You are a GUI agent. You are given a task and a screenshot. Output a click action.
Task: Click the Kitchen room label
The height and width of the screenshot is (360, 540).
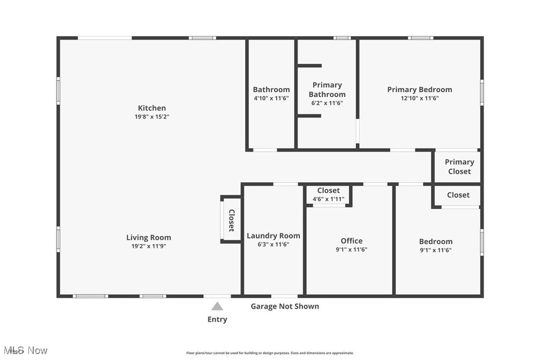(x=152, y=108)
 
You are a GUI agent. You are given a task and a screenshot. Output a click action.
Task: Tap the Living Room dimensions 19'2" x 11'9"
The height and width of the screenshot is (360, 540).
(x=148, y=246)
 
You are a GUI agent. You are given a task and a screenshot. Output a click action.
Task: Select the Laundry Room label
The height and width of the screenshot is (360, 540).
(x=273, y=236)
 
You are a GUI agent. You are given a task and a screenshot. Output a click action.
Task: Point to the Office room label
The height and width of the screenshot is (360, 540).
(x=351, y=241)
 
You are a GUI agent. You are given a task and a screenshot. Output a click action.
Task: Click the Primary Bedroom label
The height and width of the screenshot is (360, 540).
(x=419, y=90)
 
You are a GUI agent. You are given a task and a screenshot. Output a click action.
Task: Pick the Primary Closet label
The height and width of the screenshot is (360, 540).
(x=459, y=167)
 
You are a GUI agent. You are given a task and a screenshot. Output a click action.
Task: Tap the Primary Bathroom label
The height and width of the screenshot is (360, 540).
(x=327, y=90)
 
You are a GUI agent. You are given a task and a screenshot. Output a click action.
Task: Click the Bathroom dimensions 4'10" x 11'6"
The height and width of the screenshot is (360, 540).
(x=271, y=98)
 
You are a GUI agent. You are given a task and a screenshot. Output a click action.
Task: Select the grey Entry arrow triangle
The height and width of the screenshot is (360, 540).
(x=217, y=306)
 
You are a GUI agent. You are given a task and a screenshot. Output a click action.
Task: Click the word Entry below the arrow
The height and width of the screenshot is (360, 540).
(x=217, y=319)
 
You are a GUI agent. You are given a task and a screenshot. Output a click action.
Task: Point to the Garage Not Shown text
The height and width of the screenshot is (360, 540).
(x=284, y=306)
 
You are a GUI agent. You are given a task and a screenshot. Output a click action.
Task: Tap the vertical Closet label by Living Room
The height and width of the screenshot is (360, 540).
(x=231, y=220)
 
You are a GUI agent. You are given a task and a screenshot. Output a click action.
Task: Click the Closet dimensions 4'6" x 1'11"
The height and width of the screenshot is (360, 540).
(x=328, y=199)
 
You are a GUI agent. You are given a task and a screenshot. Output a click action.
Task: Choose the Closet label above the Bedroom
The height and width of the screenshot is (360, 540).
(x=458, y=195)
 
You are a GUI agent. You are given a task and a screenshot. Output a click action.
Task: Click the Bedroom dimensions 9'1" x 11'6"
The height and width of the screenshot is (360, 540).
(x=436, y=250)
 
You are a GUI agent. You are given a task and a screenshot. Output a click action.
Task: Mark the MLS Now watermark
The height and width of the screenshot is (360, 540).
(x=25, y=351)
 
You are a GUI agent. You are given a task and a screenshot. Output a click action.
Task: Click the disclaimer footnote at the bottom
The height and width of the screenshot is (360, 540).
(x=269, y=353)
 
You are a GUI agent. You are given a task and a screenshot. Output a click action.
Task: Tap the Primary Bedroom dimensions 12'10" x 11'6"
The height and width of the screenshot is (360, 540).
(x=419, y=98)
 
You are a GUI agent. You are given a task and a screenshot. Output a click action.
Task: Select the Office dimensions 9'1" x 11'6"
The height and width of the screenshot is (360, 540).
(x=351, y=250)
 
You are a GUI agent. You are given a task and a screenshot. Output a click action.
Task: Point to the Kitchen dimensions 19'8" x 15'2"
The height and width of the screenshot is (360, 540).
(x=152, y=117)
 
